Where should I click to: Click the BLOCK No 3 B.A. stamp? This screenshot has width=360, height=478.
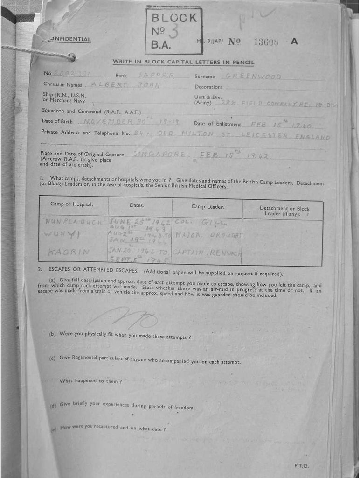[173, 30]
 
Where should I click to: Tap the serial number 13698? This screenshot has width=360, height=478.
[266, 42]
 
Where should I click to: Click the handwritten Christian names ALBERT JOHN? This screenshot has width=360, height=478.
[125, 85]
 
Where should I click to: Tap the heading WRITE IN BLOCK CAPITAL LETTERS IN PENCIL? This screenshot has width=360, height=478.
[183, 63]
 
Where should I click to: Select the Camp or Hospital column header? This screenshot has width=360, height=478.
[72, 204]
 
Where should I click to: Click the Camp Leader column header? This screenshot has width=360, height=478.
[208, 206]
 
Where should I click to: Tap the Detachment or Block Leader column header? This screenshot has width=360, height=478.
[284, 211]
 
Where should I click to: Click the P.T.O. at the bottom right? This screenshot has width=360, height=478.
[301, 465]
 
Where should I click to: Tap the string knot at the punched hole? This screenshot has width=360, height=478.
[71, 57]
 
